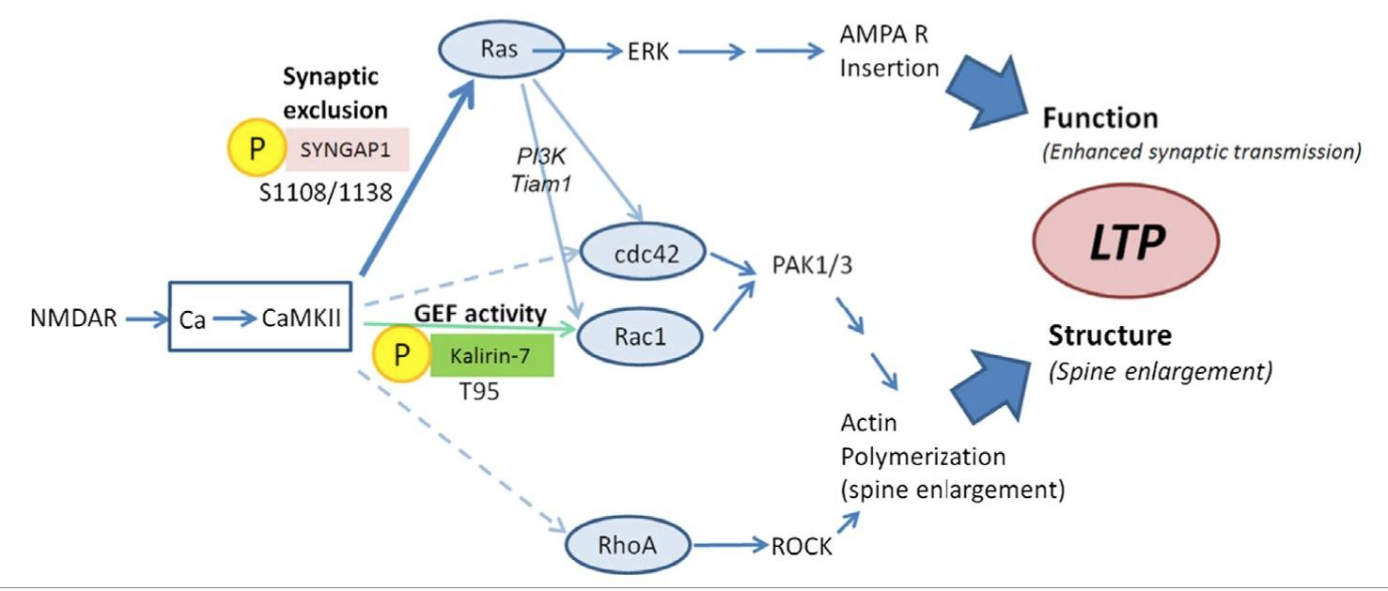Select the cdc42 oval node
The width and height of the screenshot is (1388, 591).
pyautogui.click(x=630, y=252)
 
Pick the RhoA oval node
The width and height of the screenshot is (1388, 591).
pyautogui.click(x=628, y=543)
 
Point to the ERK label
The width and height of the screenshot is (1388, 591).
pyautogui.click(x=647, y=53)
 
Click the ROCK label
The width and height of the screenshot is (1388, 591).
pyautogui.click(x=801, y=546)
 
